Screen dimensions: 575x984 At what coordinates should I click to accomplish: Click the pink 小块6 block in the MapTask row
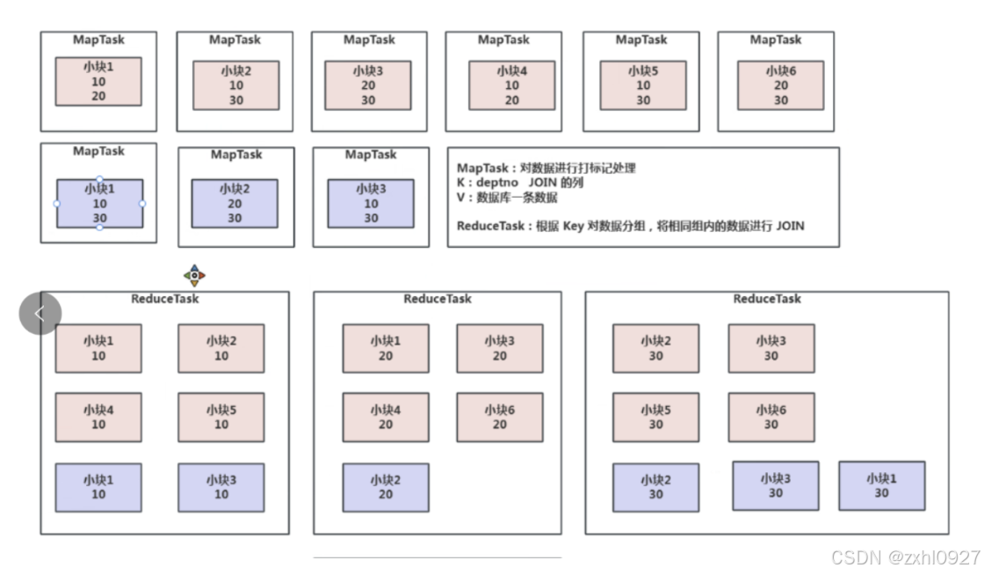780,85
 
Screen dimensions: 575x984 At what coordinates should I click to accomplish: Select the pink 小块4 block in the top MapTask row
511,85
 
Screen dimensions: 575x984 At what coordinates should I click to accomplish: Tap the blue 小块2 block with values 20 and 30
235,203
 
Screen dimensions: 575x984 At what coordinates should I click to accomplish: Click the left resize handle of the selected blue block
57,203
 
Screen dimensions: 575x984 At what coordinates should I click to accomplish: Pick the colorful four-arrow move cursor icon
194,276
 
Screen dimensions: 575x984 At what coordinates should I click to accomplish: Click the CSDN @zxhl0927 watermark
904,558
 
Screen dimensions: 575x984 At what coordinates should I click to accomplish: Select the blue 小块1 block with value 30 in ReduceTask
881,485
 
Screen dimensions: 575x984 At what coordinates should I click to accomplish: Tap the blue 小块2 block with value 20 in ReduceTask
386,487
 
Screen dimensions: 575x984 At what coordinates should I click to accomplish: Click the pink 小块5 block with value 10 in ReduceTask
221,417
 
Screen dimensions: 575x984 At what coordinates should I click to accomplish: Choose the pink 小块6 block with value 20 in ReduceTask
500,417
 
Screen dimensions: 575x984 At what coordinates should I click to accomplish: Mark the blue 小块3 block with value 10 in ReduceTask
221,487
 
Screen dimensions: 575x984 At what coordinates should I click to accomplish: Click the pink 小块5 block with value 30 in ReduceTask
655,417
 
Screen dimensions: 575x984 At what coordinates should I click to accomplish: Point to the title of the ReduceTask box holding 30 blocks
767,299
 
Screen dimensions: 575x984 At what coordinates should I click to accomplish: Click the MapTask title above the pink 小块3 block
369,40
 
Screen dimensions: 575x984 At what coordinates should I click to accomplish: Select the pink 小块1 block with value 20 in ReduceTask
386,348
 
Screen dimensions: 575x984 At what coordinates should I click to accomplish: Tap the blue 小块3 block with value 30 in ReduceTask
775,485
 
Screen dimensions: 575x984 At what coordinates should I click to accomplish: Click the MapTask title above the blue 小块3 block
371,155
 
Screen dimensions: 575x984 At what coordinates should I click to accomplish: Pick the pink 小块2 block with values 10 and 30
236,85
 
